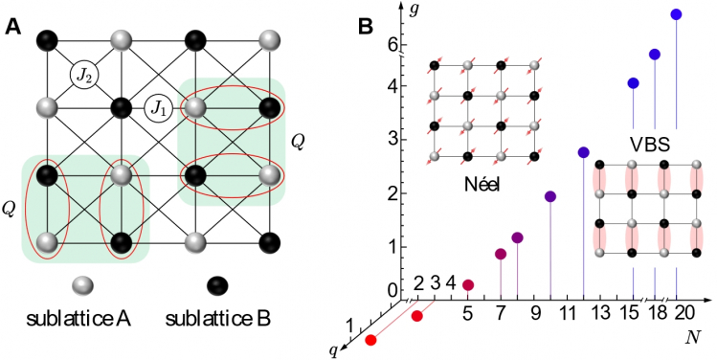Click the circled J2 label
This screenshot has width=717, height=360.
(82, 73)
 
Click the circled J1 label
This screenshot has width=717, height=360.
(159, 108)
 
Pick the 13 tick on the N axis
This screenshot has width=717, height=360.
(600, 314)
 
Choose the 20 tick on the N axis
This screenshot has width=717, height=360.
(678, 314)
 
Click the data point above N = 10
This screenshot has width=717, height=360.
(550, 196)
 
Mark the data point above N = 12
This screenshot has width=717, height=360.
(583, 152)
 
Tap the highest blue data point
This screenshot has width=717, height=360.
(676, 14)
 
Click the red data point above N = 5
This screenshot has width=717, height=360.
(468, 284)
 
